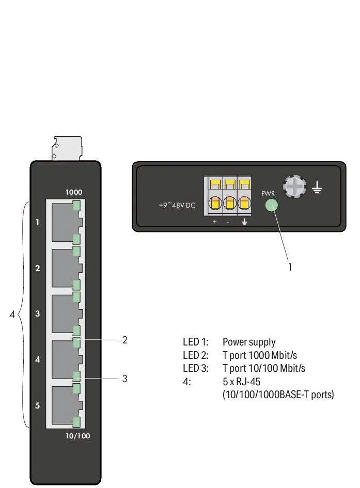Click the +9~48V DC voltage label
[177, 206]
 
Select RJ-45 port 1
[64, 222]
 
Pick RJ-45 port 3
[64, 313]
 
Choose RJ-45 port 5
[64, 405]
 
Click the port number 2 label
[38, 268]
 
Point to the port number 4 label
[38, 359]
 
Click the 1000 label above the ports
[73, 192]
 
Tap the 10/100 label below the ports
[78, 436]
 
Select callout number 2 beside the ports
[124, 340]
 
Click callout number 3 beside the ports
[124, 379]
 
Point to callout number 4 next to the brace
[12, 313]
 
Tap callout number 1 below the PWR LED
[290, 267]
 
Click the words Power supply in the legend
[249, 342]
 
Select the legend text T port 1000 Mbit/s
[259, 355]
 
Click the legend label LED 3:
[196, 369]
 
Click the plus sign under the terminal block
[215, 222]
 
